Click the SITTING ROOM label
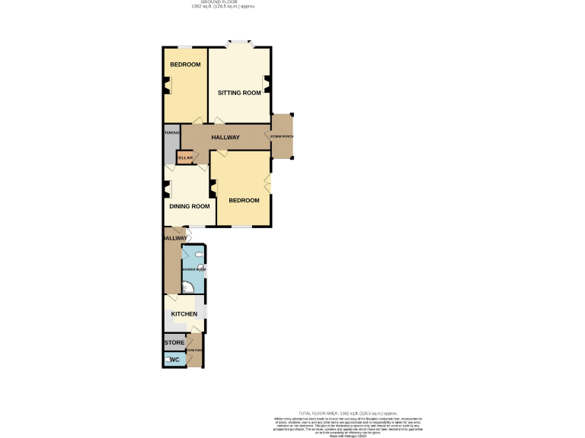pos(239,93)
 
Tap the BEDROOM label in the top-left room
pos(185,65)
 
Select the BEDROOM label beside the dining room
pos(244,201)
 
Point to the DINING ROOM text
pos(190,206)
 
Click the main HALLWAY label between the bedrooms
pos(225,138)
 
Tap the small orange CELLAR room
pos(185,157)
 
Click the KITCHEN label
pos(184,314)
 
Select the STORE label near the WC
pos(174,343)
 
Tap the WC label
pos(174,359)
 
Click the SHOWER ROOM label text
pos(193,269)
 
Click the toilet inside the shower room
pos(199,255)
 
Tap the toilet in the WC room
pos(167,359)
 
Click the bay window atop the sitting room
pos(240,43)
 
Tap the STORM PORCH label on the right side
pos(282,137)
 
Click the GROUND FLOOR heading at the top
pos(222,2)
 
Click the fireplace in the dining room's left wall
pos(167,189)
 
